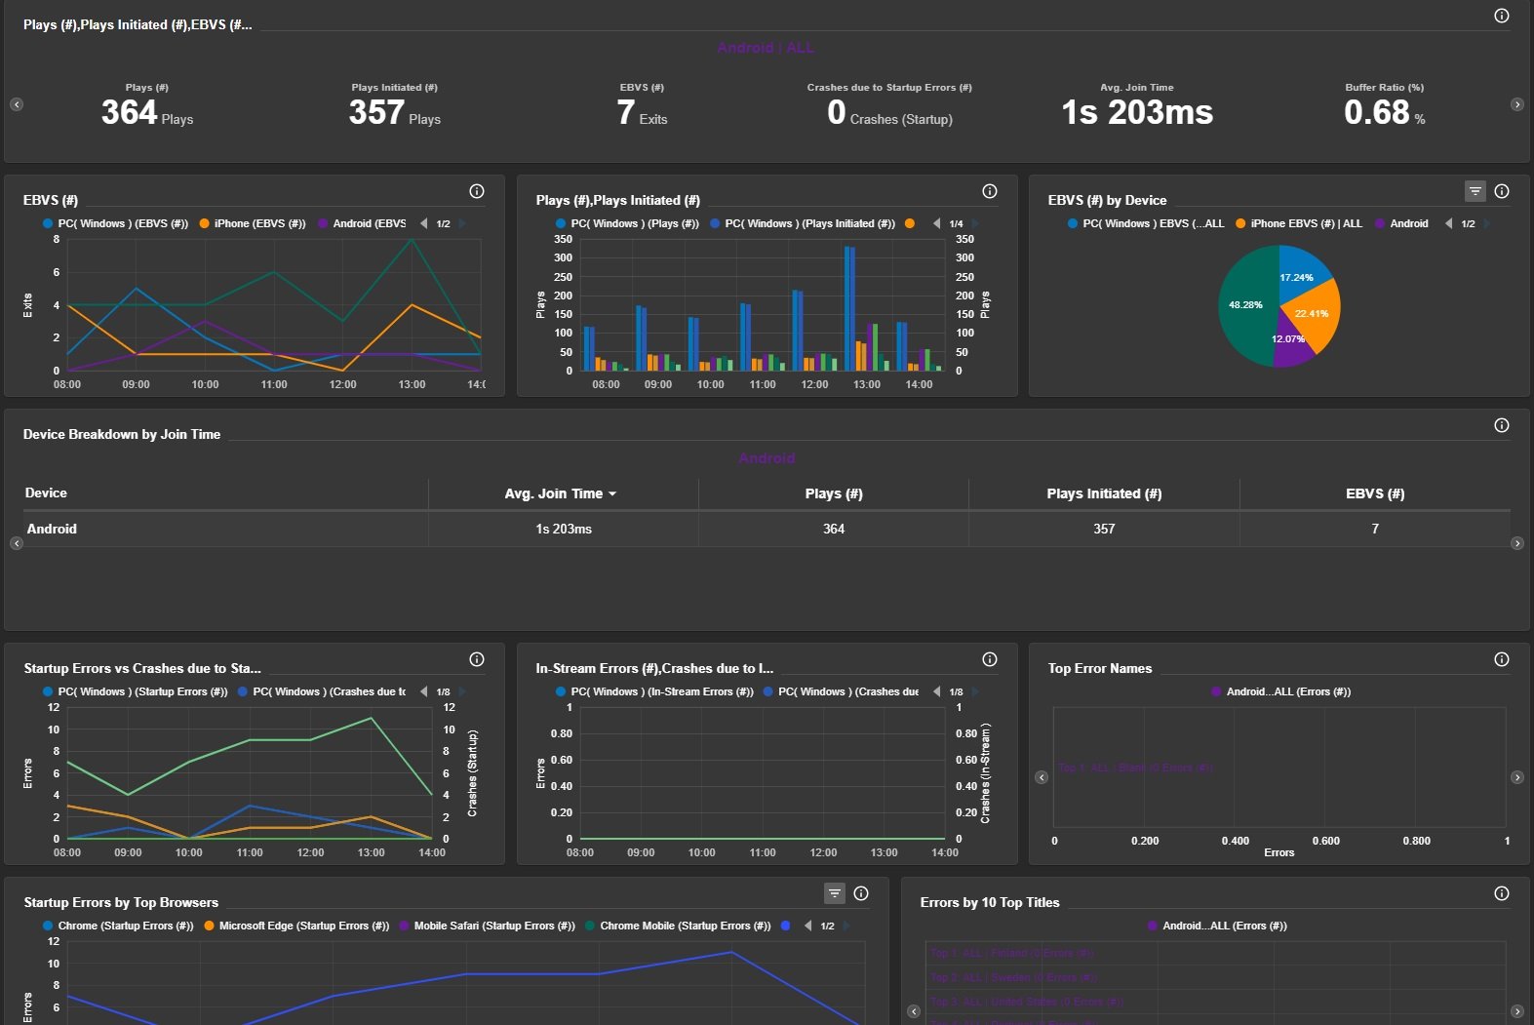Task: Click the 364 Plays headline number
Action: coord(130,113)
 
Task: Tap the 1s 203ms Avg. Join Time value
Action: coord(1137,113)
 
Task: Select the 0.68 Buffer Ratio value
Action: coord(1376,113)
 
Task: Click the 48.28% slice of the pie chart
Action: coord(1246,305)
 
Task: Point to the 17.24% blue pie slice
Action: coord(1301,273)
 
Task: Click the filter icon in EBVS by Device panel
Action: coord(1475,191)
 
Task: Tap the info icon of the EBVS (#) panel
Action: coord(477,191)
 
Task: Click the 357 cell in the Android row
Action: coord(1104,529)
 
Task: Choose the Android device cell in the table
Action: coord(52,529)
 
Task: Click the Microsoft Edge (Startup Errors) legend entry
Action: coord(303,926)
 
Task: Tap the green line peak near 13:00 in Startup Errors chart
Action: coord(371,719)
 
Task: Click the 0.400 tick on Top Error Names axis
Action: coord(1235,841)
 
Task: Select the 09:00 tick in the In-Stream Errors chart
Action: coord(641,852)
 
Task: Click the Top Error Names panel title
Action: coord(1099,668)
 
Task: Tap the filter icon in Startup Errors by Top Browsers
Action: coord(834,893)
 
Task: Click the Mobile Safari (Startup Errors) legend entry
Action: coord(493,926)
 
